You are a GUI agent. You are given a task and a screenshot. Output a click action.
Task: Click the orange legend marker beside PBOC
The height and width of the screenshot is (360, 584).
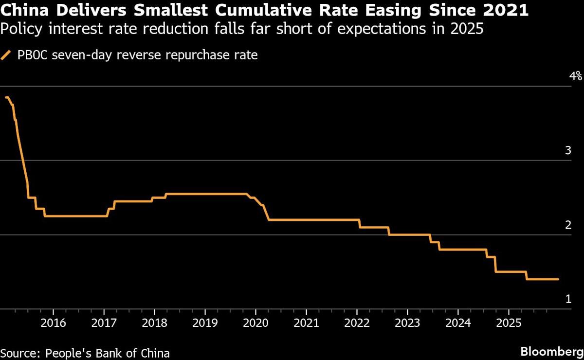click(x=6, y=55)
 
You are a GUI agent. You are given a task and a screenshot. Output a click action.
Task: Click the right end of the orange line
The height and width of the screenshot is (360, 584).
click(x=558, y=279)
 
